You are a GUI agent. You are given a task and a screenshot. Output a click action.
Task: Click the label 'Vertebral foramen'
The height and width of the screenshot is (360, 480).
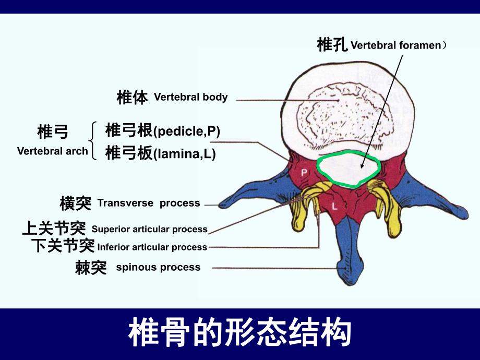click(395, 45)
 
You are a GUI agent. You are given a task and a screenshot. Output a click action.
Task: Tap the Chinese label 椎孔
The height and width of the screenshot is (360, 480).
click(332, 45)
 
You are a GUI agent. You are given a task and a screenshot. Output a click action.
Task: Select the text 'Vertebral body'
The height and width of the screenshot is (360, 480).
click(191, 97)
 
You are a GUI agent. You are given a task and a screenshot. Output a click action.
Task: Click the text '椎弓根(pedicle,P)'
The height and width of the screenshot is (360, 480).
click(163, 131)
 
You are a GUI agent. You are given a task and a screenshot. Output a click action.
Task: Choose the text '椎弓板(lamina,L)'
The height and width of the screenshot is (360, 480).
click(160, 154)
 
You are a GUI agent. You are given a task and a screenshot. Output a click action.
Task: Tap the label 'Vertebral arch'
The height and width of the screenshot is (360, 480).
click(52, 151)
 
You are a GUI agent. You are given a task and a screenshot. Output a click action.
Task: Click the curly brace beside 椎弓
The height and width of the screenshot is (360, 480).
click(93, 140)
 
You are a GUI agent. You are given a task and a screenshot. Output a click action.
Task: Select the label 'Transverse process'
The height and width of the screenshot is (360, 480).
click(149, 203)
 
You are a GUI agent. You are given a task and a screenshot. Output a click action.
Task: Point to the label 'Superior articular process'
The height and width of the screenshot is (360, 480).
click(149, 229)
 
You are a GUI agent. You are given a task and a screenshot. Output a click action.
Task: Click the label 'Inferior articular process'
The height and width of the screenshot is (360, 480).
click(152, 247)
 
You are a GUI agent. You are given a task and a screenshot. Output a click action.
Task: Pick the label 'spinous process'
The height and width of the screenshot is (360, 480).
click(158, 267)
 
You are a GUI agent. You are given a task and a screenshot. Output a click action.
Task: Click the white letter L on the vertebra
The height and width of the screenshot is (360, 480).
click(334, 206)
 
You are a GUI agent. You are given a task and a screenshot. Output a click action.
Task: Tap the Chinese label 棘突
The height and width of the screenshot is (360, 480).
click(91, 268)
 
